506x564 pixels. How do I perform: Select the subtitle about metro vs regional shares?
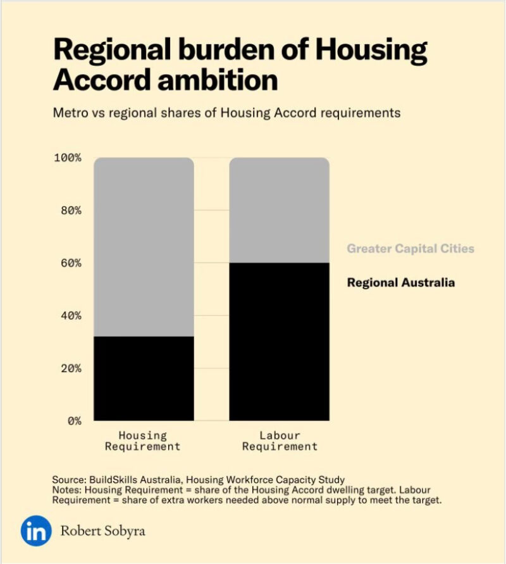click(x=226, y=113)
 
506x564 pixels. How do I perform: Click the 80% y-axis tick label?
click(x=68, y=210)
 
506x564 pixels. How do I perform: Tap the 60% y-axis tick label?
click(x=68, y=263)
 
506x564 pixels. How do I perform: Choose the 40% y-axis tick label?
click(x=68, y=315)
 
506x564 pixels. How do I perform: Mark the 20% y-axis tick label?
click(x=68, y=368)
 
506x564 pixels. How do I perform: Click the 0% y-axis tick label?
click(x=73, y=420)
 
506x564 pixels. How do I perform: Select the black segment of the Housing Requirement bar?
click(x=144, y=379)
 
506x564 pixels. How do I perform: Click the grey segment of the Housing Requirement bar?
click(x=144, y=247)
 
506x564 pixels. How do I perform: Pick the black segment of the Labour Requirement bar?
click(x=279, y=342)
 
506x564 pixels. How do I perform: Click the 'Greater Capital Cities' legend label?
click(x=410, y=249)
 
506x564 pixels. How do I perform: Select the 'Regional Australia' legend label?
click(x=400, y=282)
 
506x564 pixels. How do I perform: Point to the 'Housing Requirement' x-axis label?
click(x=143, y=441)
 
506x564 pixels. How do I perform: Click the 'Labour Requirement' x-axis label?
click(x=280, y=441)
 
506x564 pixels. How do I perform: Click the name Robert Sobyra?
click(x=102, y=530)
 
